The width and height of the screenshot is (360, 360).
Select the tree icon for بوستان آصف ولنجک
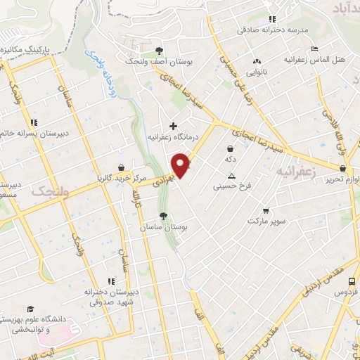(159, 51)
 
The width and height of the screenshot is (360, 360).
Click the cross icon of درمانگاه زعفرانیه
(174, 126)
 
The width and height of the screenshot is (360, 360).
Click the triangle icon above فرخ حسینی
(231, 176)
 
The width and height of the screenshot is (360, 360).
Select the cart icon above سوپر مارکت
(265, 210)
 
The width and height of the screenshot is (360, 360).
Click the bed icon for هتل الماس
(314, 49)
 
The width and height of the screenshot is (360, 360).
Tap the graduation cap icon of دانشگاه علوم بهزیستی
(30, 309)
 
